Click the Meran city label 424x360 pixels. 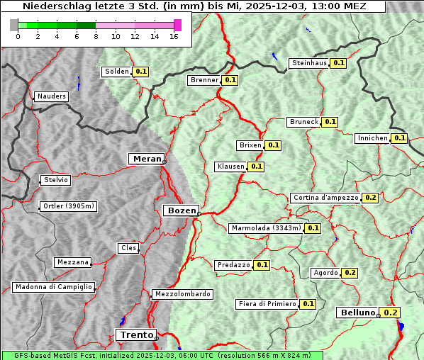(x=146, y=159)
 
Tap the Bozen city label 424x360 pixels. (x=180, y=210)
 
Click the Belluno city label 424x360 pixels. (x=356, y=313)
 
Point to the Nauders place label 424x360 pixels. (x=51, y=96)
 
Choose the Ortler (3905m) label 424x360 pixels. (x=68, y=207)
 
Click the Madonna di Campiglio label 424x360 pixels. (x=53, y=287)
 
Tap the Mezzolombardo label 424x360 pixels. (x=182, y=294)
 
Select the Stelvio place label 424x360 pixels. (x=55, y=180)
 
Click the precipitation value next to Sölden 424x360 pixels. (x=141, y=72)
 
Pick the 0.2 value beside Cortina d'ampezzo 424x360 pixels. (x=370, y=198)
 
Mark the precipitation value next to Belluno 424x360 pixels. (x=390, y=313)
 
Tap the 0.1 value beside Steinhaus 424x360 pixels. (x=339, y=63)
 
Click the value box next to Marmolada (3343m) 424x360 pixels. (x=313, y=228)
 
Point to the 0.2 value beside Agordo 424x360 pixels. (x=350, y=273)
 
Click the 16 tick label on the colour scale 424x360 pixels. (x=174, y=37)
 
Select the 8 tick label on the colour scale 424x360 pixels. (x=95, y=37)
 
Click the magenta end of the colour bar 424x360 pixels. (x=177, y=25)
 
